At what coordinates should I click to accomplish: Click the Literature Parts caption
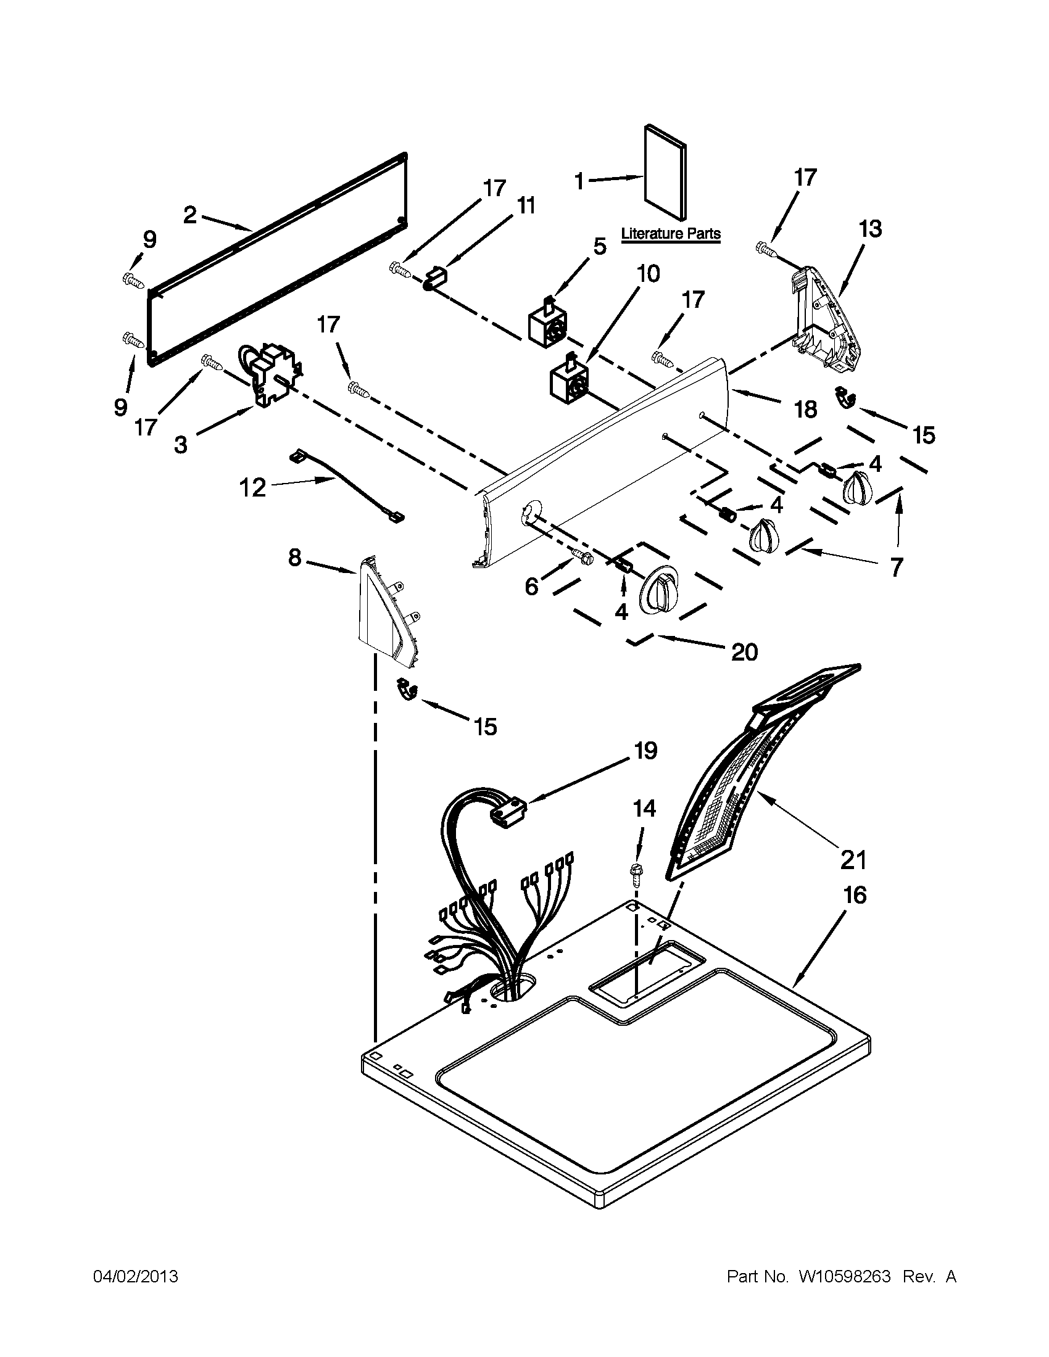pos(671,234)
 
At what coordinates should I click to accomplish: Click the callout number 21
pos(853,860)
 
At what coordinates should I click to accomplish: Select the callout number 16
pos(855,896)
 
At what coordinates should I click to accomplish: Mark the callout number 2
pos(190,216)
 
